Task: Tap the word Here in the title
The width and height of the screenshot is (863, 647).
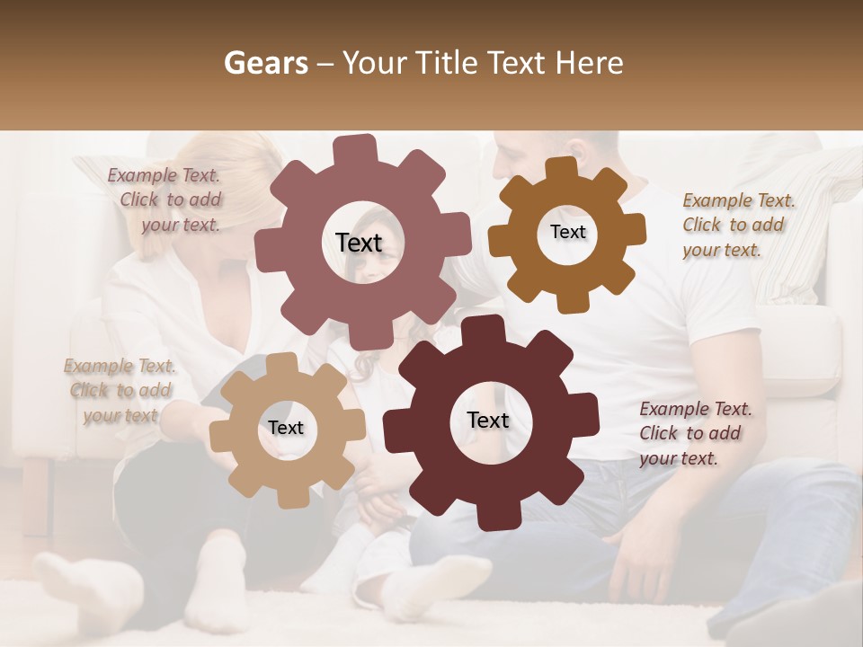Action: (589, 63)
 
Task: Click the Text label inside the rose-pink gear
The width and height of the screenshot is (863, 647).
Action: (359, 243)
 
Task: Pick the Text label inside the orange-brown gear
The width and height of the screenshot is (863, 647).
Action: (567, 232)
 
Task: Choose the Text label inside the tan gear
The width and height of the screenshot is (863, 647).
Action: (286, 428)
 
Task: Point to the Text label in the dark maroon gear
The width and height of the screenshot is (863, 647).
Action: (488, 420)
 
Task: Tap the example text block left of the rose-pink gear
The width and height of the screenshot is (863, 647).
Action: (166, 199)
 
